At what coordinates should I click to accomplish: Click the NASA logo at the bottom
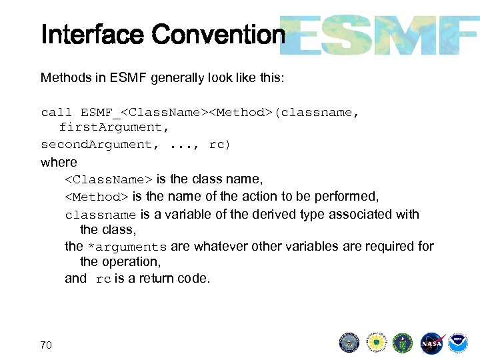(431, 343)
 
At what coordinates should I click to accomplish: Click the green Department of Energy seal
(403, 343)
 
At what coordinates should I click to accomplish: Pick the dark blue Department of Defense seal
(349, 343)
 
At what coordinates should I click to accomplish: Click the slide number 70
(46, 345)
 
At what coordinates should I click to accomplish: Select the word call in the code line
(57, 112)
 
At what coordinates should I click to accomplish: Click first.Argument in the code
(110, 127)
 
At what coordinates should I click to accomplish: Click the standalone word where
(59, 162)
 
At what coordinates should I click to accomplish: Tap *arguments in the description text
(127, 247)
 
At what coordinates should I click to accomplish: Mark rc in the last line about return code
(103, 279)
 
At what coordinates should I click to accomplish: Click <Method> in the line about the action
(97, 197)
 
